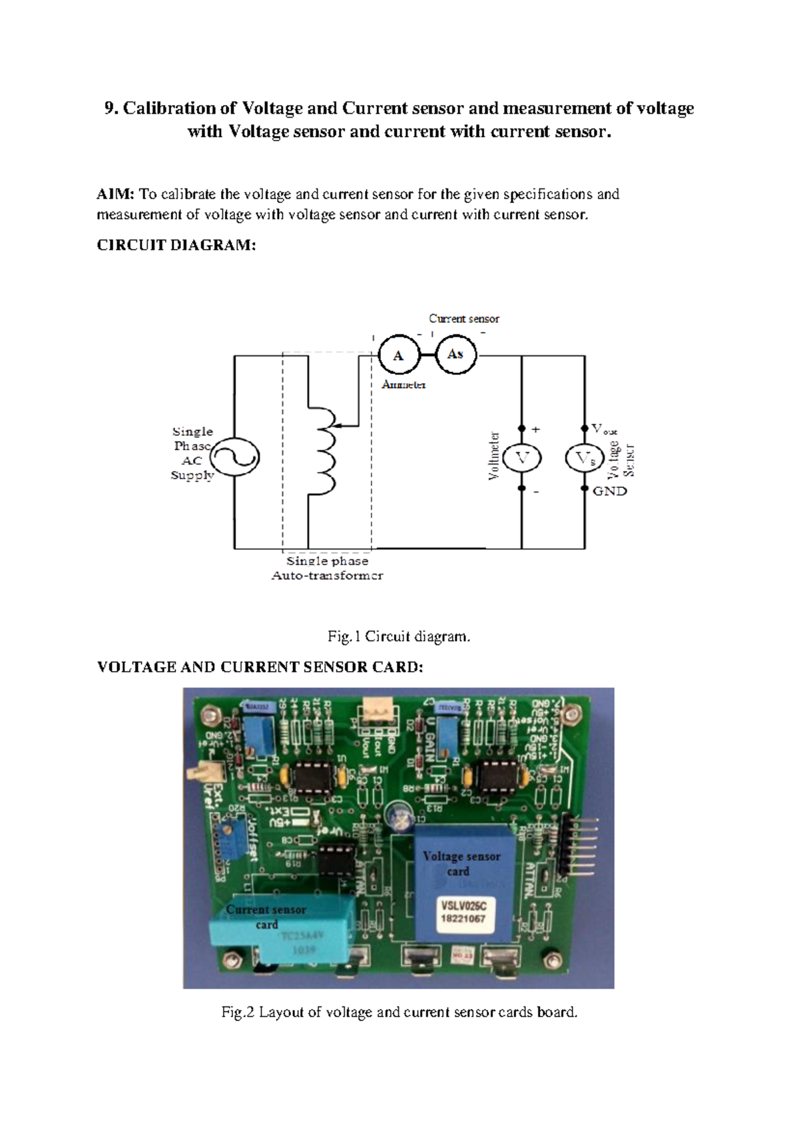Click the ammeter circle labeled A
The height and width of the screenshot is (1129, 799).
pos(399,355)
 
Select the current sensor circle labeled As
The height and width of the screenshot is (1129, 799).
pos(456,354)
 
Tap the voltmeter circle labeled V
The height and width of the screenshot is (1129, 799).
pos(522,458)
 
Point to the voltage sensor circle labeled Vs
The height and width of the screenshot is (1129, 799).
pos(585,458)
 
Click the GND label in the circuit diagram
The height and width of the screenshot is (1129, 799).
pos(610,491)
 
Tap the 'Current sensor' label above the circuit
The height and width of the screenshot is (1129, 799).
pos(463,319)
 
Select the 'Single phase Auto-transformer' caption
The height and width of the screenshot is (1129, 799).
pos(327,568)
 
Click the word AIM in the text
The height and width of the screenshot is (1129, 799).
pos(115,194)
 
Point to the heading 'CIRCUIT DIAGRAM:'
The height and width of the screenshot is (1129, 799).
pos(176,245)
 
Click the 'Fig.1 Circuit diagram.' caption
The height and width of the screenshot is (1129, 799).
pos(399,636)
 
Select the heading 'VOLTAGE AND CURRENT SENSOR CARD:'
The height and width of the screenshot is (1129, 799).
pos(260,667)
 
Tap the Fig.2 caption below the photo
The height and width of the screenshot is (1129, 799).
pos(399,1013)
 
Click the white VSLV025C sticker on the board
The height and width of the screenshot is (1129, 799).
pos(463,912)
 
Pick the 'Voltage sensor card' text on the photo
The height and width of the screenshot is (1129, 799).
pos(461,863)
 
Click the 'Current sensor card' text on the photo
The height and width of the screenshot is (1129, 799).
pos(266,917)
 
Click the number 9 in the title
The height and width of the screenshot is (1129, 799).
pos(110,109)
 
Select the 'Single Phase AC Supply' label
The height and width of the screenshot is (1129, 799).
pos(192,453)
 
